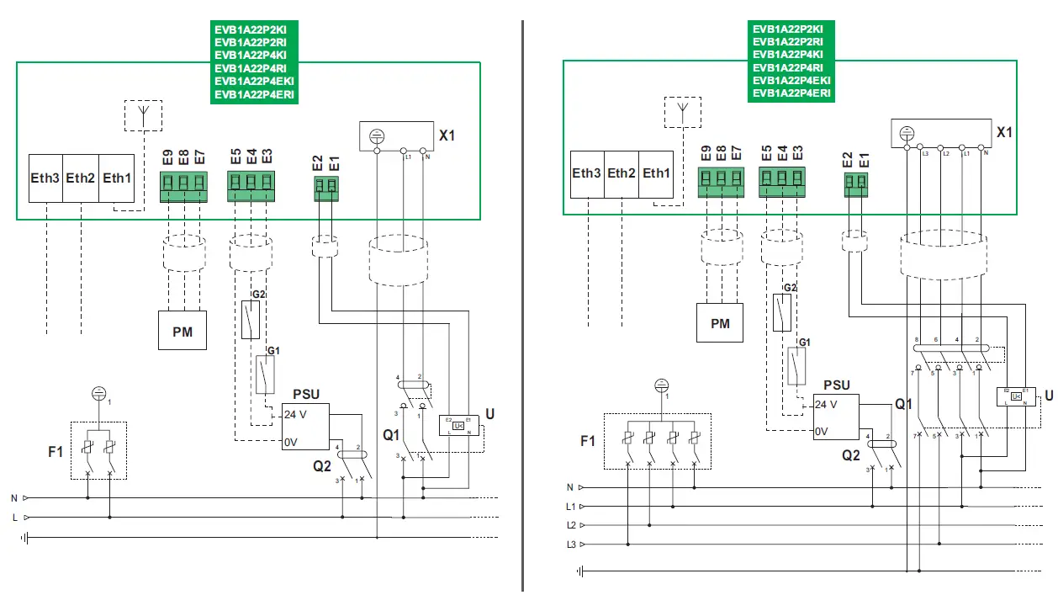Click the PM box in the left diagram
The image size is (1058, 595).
pos(183,331)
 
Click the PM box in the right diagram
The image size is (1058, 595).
pos(720,323)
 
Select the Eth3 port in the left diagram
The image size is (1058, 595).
pos(45,178)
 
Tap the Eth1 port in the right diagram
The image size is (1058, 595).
pos(656,173)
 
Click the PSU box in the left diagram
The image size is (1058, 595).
pos(305,427)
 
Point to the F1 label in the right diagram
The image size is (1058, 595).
pos(587,441)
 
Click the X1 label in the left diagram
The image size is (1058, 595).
pos(447,135)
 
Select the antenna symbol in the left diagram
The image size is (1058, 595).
pos(143,114)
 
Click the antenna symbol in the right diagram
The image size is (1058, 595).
pos(682,111)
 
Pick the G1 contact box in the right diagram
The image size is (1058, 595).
pos(796,367)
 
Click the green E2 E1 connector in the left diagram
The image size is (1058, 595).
pos(326,189)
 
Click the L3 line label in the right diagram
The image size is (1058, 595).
pos(571,545)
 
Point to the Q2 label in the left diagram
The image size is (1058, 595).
pos(323,465)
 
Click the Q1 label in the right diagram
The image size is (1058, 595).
pos(904,405)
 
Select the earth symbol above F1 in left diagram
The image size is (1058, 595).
pos(98,392)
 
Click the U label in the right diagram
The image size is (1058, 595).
pos(1048,396)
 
